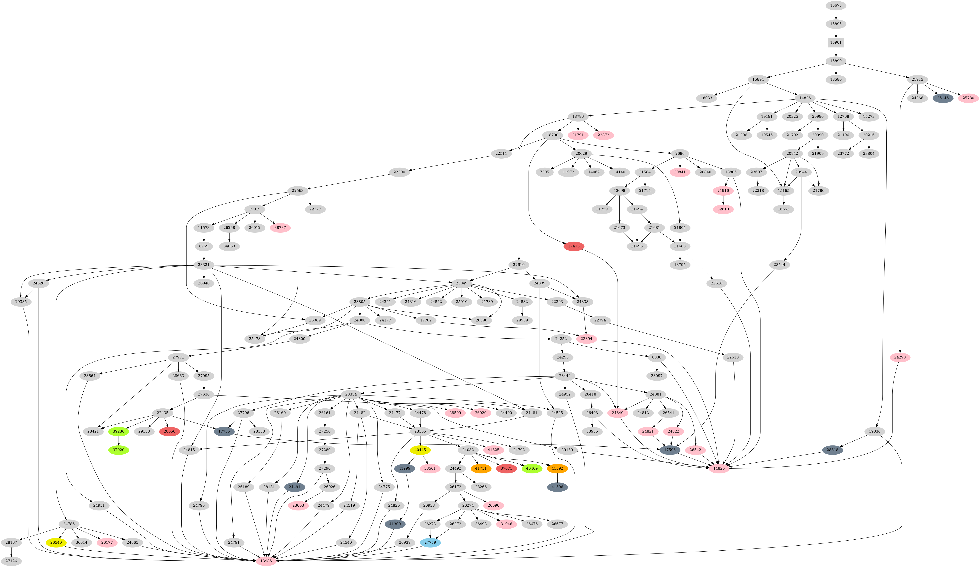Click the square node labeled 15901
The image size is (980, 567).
coord(836,42)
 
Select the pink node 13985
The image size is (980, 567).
coord(266,561)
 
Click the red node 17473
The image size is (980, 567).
coord(574,246)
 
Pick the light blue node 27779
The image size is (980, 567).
coord(430,542)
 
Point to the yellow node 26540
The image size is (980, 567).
coord(56,542)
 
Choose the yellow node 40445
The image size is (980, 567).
coord(420,450)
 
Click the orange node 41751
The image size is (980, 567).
coord(481,468)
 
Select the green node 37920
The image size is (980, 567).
coord(119,450)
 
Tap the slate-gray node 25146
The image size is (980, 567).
coord(943,98)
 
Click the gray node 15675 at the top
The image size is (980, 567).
coord(836,5)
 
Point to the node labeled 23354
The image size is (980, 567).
coord(351,394)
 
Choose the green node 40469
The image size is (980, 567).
coord(532,468)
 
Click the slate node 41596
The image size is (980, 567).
coord(557,487)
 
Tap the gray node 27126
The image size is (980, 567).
coord(11,561)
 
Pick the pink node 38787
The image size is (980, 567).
coord(280,228)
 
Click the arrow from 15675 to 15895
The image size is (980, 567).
coord(836,14)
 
